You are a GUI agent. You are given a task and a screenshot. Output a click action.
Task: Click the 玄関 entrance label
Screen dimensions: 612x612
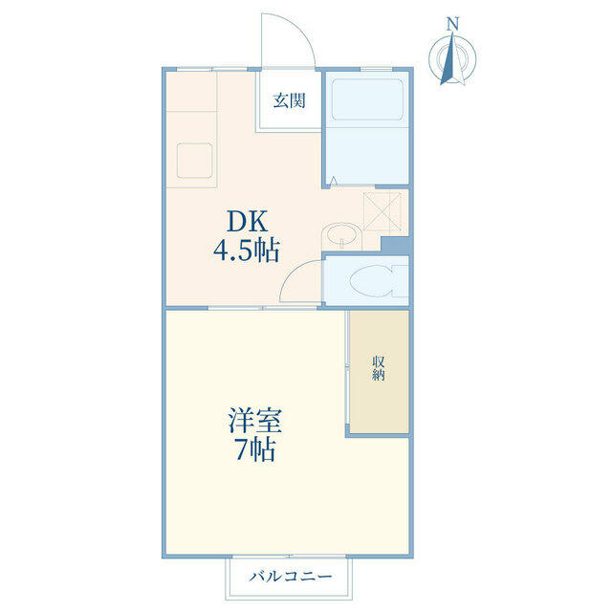289,100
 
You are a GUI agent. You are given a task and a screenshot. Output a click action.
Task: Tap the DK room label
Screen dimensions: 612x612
248,221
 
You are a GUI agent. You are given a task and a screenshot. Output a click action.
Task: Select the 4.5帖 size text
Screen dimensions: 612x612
247,251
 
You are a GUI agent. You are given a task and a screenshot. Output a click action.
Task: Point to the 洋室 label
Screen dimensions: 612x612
254,421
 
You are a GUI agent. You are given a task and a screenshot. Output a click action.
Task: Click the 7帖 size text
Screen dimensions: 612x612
255,449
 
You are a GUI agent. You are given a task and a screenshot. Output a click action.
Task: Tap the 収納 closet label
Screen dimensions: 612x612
379,368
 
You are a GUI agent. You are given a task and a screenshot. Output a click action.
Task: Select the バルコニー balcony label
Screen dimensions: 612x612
291,576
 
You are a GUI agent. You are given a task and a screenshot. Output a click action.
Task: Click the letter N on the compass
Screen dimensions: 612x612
452,24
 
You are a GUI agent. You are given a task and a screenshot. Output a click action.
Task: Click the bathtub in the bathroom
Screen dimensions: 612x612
367,99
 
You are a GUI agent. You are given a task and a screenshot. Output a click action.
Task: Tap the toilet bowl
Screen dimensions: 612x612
376,281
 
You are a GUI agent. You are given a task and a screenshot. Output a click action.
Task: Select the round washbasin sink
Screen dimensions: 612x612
342,234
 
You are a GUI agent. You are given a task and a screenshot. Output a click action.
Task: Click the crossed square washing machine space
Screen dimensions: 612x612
382,212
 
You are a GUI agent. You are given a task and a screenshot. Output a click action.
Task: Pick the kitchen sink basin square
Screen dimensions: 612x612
194,161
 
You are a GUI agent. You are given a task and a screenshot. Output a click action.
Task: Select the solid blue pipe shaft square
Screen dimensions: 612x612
395,245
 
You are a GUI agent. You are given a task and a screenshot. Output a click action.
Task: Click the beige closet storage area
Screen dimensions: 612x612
379,372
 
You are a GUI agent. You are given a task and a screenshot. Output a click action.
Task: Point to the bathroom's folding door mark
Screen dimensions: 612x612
334,181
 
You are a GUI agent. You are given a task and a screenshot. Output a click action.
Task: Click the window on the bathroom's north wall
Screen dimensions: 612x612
376,70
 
